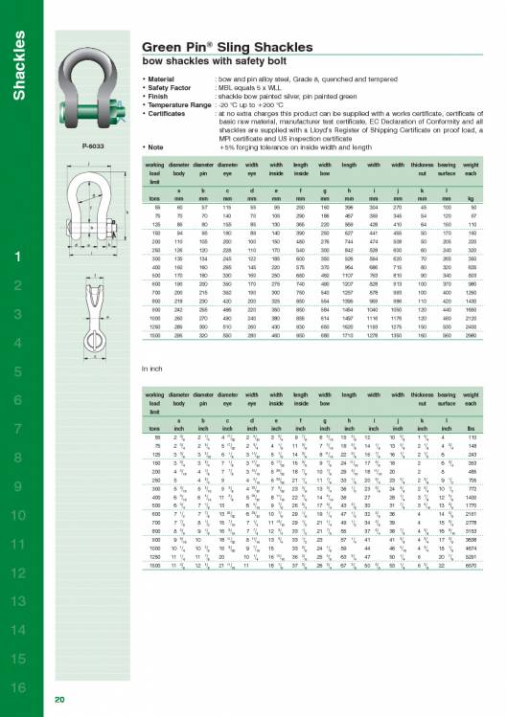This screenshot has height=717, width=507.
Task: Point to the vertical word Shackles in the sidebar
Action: click(18, 68)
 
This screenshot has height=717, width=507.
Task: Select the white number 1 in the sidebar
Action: click(18, 231)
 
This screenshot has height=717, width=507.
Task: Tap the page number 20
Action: click(59, 700)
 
